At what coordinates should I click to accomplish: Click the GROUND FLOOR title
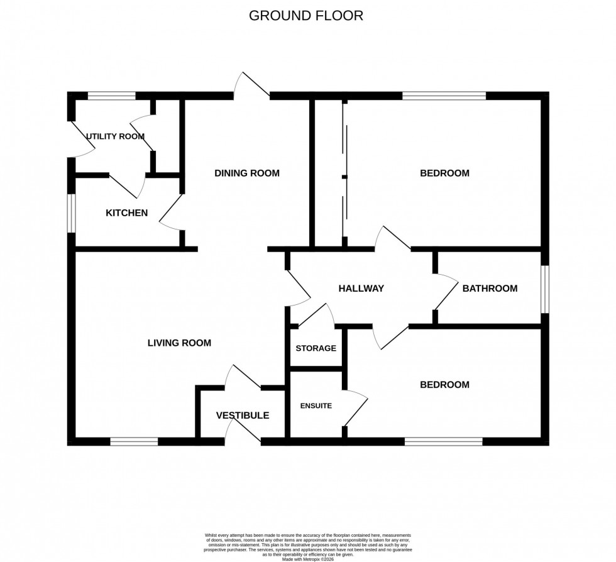click(306, 16)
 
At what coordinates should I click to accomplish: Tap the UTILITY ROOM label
click(115, 136)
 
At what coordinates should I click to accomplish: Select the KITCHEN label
click(126, 213)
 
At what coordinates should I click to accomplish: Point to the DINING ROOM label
click(246, 173)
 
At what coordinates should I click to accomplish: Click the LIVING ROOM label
click(179, 343)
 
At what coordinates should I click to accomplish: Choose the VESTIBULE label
click(243, 416)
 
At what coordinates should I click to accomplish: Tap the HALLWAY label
click(361, 289)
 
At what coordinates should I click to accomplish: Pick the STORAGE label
click(316, 348)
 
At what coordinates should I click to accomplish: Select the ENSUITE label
click(315, 406)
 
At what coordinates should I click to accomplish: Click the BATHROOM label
click(490, 289)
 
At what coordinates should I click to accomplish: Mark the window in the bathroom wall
click(545, 289)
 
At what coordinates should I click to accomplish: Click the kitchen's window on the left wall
click(72, 213)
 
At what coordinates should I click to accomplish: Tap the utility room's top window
click(111, 96)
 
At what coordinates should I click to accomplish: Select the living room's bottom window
click(134, 442)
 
